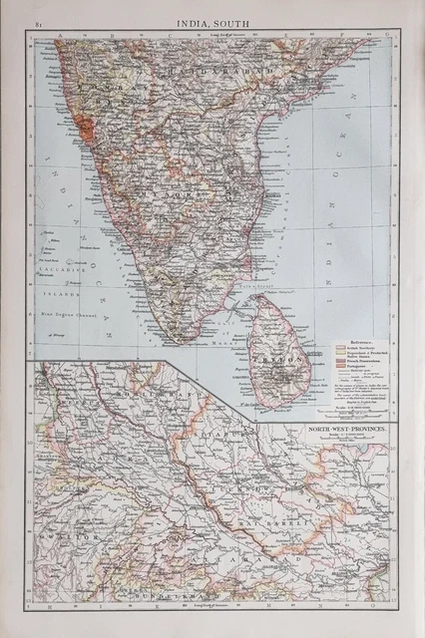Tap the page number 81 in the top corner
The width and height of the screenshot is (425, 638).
38,22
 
